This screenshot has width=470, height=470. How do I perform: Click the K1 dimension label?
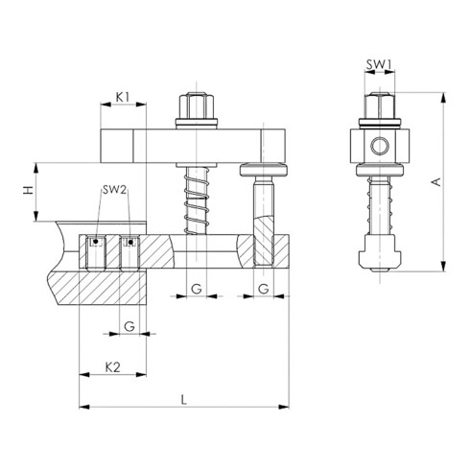pos(123,97)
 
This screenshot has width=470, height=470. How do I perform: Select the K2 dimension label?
pos(113,367)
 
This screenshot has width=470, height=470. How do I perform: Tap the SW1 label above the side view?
pos(379,64)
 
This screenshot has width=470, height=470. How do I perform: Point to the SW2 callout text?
pos(114,190)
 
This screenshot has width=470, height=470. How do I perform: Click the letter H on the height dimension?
pos(29,190)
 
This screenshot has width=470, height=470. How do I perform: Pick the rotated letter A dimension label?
pos(436,181)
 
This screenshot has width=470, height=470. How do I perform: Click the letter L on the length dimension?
pos(183,400)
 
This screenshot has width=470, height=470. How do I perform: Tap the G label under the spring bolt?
pos(197,289)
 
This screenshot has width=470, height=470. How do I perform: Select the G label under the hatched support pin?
pos(263,289)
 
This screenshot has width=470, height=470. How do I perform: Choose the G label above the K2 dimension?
pos(129,326)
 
